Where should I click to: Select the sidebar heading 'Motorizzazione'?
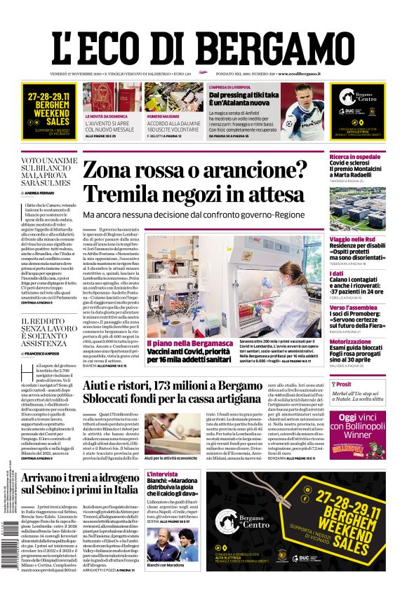[350, 342]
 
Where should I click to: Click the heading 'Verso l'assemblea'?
[352, 308]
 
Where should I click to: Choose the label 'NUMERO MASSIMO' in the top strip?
[163, 116]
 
